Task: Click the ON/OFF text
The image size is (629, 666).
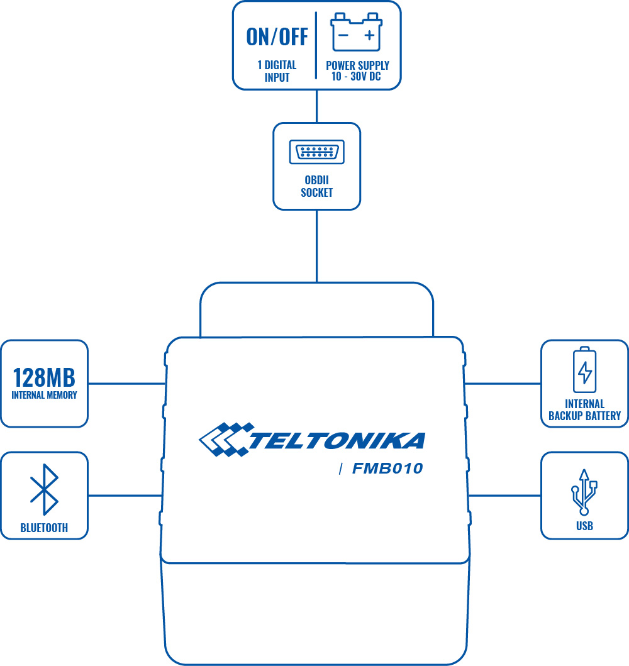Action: tap(277, 37)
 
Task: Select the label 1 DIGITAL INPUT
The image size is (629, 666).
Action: tap(277, 71)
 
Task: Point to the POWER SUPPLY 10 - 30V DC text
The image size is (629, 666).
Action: tap(357, 71)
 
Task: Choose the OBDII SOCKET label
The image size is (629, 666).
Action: tap(316, 187)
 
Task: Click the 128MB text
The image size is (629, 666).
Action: tap(44, 377)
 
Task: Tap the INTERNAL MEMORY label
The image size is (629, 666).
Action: tap(44, 396)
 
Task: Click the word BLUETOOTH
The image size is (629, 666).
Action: tap(44, 528)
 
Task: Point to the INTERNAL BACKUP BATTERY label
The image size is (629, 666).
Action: tap(584, 409)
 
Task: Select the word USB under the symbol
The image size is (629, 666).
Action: tap(584, 526)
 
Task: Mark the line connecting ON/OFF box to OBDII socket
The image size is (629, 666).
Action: tap(316, 106)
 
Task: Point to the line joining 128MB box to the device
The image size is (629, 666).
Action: tap(126, 383)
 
